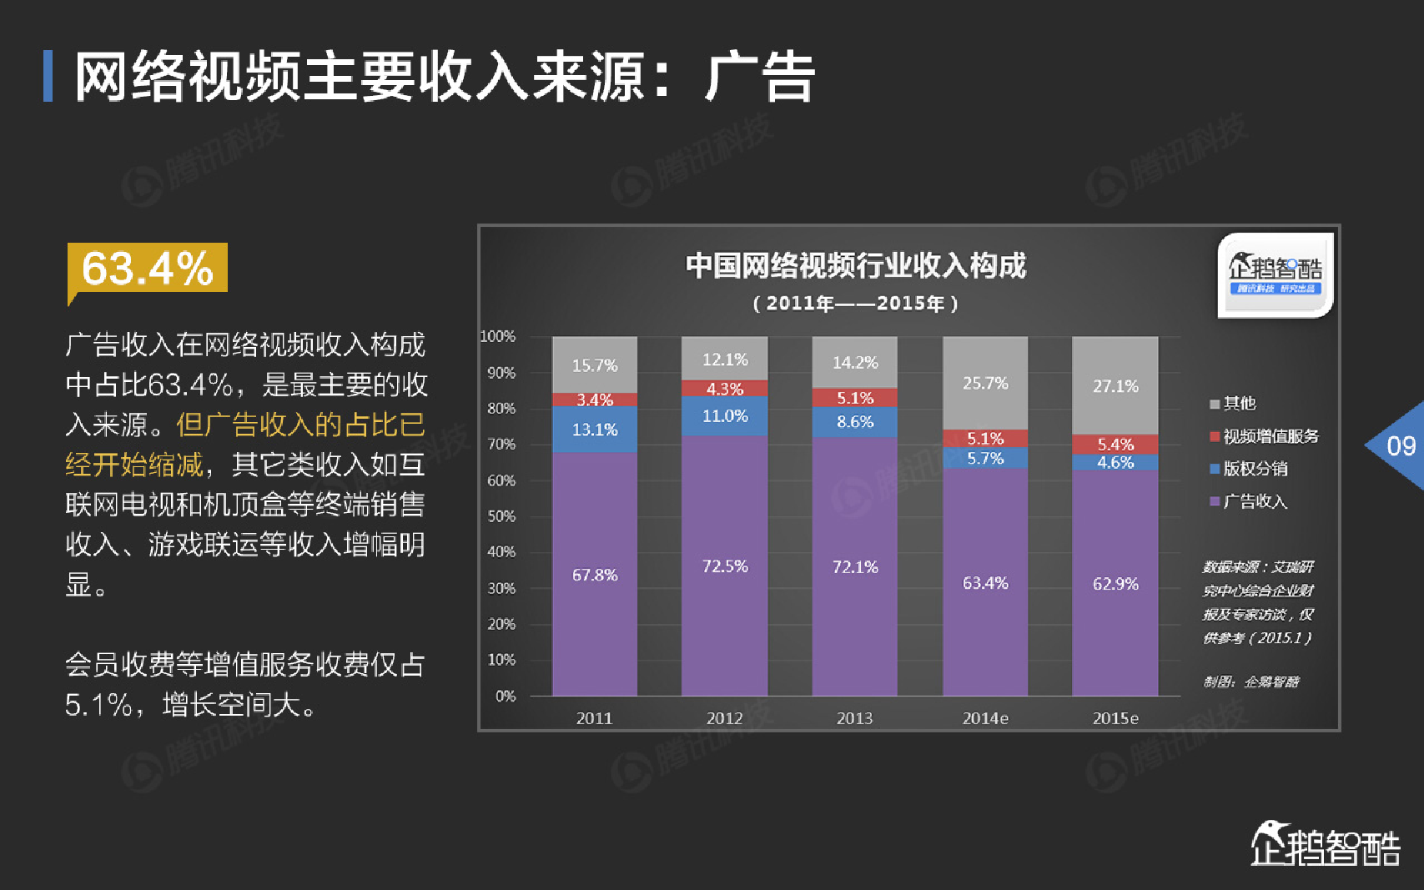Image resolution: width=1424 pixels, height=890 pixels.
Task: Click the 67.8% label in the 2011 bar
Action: tap(595, 575)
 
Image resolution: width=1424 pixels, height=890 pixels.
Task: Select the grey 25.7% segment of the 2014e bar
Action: tap(985, 383)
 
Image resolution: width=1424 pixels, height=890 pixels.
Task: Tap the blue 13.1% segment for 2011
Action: tap(595, 430)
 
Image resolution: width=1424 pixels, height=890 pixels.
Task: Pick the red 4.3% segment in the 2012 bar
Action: tap(724, 389)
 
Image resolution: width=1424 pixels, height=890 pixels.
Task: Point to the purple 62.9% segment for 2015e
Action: tap(1115, 583)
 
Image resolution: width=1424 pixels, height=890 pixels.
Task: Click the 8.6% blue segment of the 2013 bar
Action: tap(855, 422)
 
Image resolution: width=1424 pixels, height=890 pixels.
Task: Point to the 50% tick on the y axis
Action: tap(501, 516)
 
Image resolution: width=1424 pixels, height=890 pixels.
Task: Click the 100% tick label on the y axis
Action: tap(498, 336)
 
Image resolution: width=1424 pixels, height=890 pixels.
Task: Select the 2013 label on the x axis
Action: tap(854, 718)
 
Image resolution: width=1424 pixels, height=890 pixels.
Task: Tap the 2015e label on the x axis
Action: tap(1115, 718)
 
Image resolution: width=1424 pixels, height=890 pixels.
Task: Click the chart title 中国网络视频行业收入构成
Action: tap(855, 266)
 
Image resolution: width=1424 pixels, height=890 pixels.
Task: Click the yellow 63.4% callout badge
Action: tap(148, 268)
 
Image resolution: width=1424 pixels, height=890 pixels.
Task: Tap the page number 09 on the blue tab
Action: tap(1401, 446)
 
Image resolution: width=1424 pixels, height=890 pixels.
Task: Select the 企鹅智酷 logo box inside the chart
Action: tap(1275, 275)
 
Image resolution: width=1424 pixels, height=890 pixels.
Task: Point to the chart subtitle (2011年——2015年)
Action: tap(855, 304)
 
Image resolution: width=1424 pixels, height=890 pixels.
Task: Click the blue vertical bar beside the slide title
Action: tap(48, 76)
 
